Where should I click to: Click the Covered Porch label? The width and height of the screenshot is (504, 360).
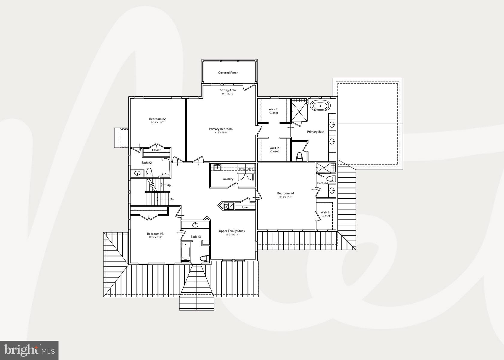(x=228, y=73)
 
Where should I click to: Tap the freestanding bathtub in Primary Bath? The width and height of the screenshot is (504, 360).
(x=320, y=106)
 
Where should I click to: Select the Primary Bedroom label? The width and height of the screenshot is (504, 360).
(x=221, y=129)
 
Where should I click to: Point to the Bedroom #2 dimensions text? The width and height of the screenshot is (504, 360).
(x=157, y=122)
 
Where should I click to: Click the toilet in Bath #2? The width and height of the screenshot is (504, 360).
(x=149, y=172)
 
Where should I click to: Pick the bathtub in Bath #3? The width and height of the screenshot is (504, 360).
(x=185, y=251)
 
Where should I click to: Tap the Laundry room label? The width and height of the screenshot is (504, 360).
(x=228, y=179)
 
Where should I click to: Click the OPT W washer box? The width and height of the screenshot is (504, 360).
(x=241, y=169)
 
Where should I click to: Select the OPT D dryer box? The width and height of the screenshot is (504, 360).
(x=250, y=169)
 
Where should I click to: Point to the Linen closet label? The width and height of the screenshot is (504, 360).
(x=246, y=207)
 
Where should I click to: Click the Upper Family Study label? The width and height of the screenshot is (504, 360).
(x=232, y=231)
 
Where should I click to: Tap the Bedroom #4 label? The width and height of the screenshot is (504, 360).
(x=286, y=193)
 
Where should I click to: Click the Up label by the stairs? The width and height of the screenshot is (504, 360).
(x=169, y=185)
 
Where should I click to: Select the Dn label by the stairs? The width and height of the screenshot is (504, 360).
(x=172, y=199)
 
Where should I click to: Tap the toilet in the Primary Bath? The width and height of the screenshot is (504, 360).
(x=299, y=157)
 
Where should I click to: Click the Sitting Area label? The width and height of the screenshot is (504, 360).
(x=228, y=90)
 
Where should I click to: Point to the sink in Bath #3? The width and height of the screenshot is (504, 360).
(x=196, y=224)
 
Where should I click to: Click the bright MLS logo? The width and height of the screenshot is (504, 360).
(x=29, y=350)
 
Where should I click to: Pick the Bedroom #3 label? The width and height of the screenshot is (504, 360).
(x=155, y=234)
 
